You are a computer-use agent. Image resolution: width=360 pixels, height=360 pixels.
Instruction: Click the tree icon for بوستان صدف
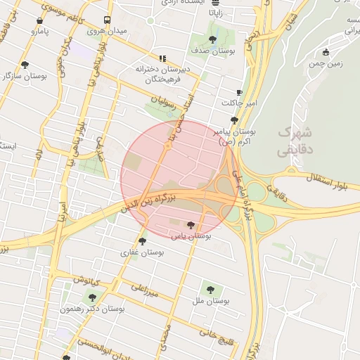[213, 39]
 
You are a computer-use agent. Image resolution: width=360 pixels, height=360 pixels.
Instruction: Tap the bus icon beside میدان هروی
[107, 20]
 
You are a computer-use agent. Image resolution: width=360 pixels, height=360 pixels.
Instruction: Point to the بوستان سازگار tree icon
[26, 65]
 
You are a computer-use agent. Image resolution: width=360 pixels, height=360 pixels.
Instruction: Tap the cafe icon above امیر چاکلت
[239, 93]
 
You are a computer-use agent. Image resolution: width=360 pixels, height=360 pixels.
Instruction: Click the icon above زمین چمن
[325, 53]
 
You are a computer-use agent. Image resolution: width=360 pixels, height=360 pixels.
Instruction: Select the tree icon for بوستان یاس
[191, 225]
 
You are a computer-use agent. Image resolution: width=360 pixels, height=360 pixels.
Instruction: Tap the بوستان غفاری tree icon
[143, 240]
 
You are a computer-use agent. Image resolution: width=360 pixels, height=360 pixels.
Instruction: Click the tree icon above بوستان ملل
[209, 288]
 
